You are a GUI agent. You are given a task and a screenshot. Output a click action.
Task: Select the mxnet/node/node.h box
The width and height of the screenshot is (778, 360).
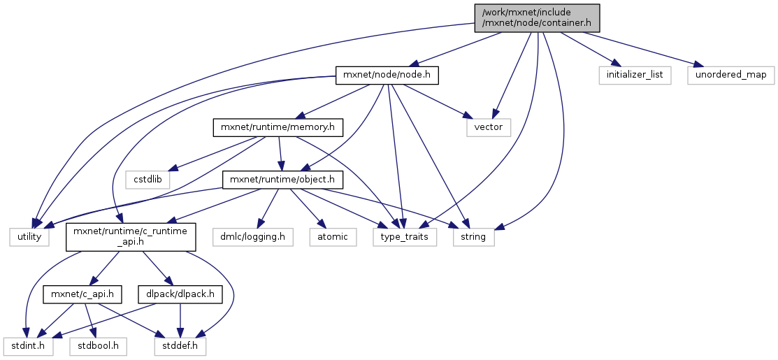(x=388, y=75)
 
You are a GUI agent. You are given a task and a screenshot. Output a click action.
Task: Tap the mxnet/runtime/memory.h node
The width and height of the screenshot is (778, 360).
(x=279, y=127)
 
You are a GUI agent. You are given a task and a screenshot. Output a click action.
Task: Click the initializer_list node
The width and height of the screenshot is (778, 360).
(x=634, y=75)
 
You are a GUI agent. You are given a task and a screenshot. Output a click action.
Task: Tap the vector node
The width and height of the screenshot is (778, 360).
(x=489, y=127)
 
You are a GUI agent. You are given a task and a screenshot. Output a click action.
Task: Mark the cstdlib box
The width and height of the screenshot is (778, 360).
(x=148, y=180)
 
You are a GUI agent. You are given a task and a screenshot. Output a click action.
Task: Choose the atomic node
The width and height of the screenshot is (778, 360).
(x=333, y=238)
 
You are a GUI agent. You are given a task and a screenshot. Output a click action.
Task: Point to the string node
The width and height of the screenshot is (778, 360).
(x=474, y=238)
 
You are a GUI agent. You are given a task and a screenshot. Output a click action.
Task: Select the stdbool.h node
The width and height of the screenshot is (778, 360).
(x=97, y=345)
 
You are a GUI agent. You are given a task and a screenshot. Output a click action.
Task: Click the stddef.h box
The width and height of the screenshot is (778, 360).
(x=180, y=345)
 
